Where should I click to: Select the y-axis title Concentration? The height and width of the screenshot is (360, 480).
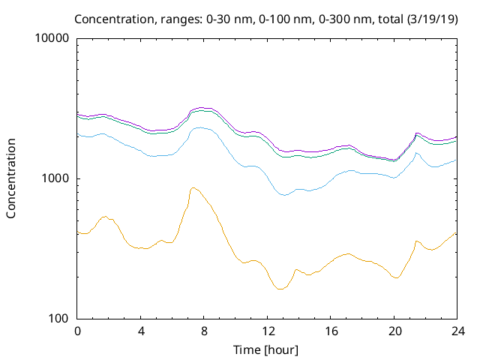coord(11,178)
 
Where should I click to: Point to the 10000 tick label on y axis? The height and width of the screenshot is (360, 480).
coord(53,38)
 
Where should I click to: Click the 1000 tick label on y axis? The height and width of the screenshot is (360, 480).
coord(56,178)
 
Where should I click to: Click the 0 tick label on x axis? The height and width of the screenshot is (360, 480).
coord(77,331)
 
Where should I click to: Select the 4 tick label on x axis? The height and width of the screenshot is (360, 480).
coord(141,331)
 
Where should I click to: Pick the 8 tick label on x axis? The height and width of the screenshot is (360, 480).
coord(204,331)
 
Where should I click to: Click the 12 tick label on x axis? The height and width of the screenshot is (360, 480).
coord(267,331)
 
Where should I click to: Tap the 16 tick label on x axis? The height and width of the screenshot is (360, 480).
coord(331,331)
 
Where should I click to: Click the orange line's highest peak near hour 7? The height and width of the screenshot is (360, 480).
coord(193,187)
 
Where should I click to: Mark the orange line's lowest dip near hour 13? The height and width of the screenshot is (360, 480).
coord(280,289)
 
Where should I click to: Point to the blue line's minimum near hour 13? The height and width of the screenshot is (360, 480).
coord(283,195)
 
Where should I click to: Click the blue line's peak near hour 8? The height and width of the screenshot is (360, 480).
coord(200,127)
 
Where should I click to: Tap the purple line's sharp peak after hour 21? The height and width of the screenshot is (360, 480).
coord(417,133)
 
